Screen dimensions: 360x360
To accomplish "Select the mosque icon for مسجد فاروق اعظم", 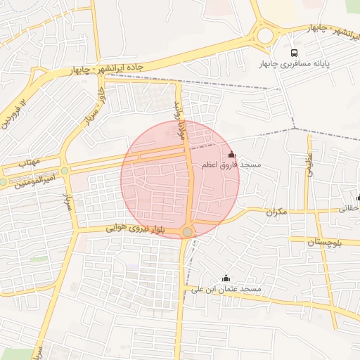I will [x=231, y=154].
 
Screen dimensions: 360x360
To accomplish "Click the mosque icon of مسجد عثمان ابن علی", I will [x=226, y=278].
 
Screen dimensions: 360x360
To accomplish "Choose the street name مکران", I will [x=277, y=212].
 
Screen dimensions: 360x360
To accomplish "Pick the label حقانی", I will [x=349, y=209].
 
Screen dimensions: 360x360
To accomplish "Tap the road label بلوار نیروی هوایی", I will [x=136, y=229].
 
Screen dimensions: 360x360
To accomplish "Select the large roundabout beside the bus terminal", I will [x=265, y=35].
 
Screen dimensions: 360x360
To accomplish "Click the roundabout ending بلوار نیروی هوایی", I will [x=187, y=232].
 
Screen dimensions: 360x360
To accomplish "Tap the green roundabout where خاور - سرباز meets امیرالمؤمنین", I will [x=65, y=170].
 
